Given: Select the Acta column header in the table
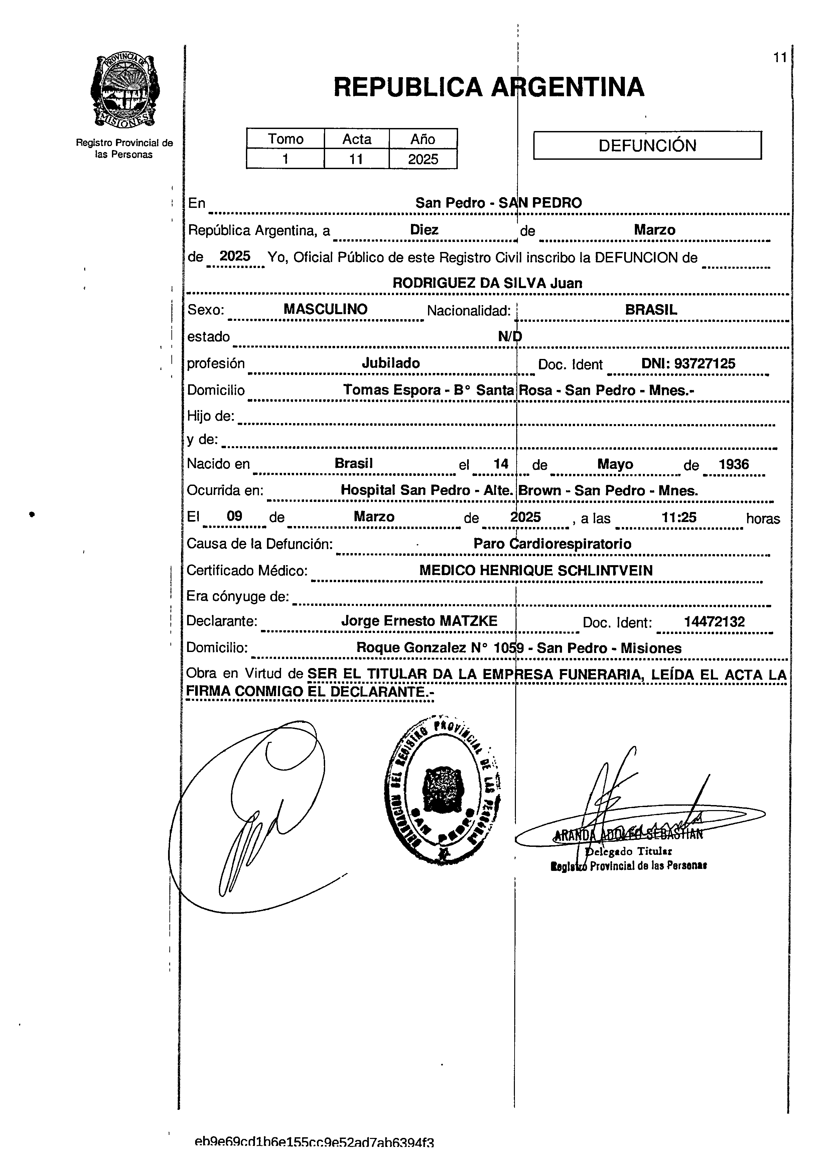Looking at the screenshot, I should [357, 139].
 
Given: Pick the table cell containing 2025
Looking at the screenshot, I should [423, 159].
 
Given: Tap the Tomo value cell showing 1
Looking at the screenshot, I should [285, 159].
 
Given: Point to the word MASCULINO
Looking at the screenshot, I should [325, 309].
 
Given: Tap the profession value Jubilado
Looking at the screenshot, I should [390, 363].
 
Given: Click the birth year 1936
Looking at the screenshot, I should [733, 464].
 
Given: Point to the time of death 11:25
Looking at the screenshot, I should [678, 517].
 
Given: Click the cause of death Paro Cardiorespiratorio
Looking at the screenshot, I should [552, 544].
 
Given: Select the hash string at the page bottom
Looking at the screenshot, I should [314, 1157].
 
